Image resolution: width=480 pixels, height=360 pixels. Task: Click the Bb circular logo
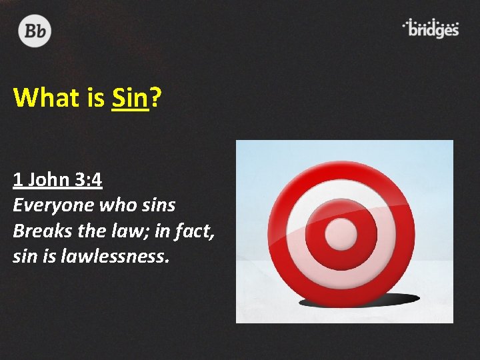[35, 31]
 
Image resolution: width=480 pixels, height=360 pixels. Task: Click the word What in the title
[45, 98]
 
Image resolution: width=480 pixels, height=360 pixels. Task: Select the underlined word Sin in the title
[130, 98]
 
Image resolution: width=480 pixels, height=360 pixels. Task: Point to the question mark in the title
[155, 98]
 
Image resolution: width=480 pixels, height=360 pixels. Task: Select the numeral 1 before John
[17, 180]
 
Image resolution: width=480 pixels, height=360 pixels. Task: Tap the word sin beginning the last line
[24, 256]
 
